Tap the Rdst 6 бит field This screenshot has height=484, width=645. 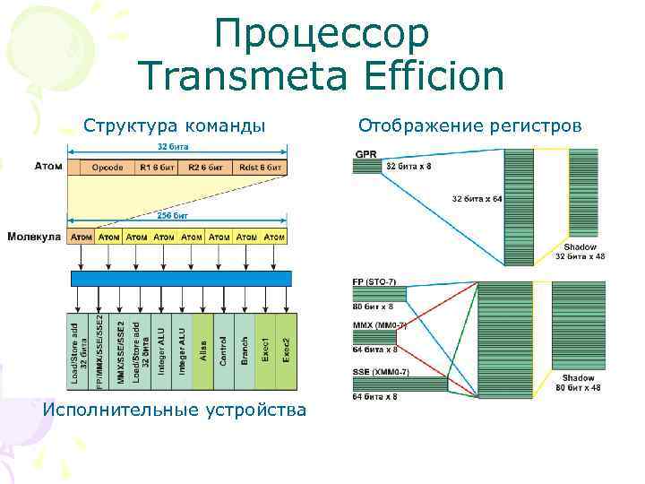pyautogui.click(x=262, y=167)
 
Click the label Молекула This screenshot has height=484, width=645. pyautogui.click(x=34, y=237)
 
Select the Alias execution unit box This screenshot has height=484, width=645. pyautogui.click(x=202, y=351)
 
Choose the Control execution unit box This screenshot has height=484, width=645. pyautogui.click(x=223, y=351)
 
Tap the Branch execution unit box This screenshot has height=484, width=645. pyautogui.click(x=244, y=351)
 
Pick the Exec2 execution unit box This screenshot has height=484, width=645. pyautogui.click(x=286, y=351)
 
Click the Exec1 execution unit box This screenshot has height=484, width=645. pyautogui.click(x=265, y=351)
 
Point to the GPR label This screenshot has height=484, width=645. pyautogui.click(x=366, y=153)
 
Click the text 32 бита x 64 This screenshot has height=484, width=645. pyautogui.click(x=477, y=198)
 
